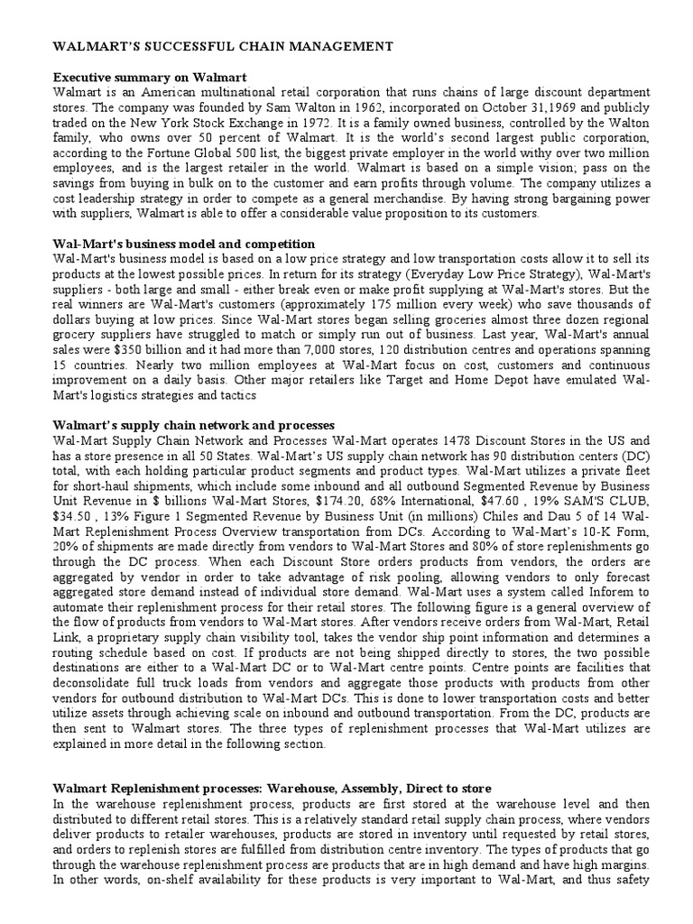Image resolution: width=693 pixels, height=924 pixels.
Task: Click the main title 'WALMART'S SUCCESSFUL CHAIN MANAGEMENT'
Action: pyautogui.click(x=223, y=45)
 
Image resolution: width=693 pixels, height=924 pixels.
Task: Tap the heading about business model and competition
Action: pyautogui.click(x=184, y=244)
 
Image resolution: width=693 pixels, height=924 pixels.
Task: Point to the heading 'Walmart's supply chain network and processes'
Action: pyautogui.click(x=193, y=425)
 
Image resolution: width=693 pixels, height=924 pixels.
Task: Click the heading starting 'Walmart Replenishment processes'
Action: pyautogui.click(x=272, y=788)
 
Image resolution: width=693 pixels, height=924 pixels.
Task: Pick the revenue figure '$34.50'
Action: pyautogui.click(x=71, y=512)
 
